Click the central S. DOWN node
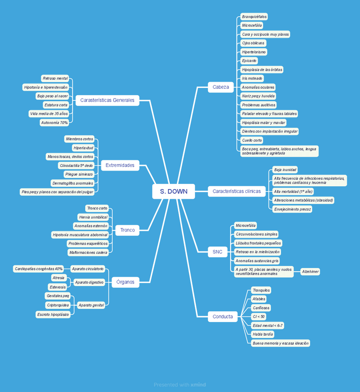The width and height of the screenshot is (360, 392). [174, 191]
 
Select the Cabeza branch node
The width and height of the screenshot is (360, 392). [221, 87]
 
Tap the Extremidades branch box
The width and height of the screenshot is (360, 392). [120, 165]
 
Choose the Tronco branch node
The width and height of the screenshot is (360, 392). [127, 230]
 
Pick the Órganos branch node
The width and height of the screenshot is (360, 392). [125, 282]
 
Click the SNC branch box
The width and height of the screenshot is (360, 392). [217, 252]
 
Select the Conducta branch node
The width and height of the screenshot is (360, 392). [223, 317]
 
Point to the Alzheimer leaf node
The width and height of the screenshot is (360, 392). [310, 272]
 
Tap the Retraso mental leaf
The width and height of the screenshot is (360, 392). [55, 78]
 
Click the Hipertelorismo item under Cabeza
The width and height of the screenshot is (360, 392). [254, 52]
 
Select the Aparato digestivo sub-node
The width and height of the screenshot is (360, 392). [89, 282]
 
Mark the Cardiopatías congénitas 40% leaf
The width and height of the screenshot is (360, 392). [38, 269]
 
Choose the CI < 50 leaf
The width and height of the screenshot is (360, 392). [258, 317]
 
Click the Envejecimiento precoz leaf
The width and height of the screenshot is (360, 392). [292, 209]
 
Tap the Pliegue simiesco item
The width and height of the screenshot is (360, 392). [79, 174]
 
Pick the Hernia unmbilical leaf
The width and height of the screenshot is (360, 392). [93, 217]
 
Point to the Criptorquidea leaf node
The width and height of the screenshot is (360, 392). [58, 305]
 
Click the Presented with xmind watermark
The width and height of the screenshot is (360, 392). [180, 385]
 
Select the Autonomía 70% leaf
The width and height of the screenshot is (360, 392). [55, 122]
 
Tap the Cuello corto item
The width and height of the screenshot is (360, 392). [252, 140]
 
